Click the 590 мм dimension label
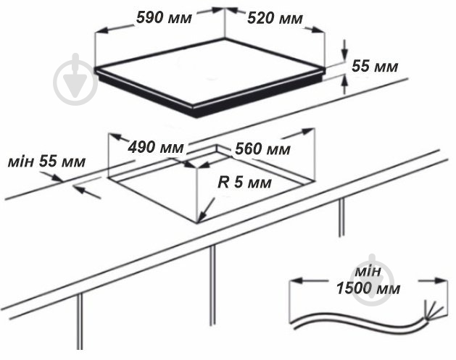click(x=165, y=17)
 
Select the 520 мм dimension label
click(x=275, y=18)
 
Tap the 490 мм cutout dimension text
click(x=156, y=147)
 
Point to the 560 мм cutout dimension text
click(x=262, y=149)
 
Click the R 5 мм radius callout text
click(x=244, y=183)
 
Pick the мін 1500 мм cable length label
click(x=368, y=280)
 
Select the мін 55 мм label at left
click(x=46, y=162)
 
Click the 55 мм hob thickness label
click(x=375, y=66)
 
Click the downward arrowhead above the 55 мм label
click(x=344, y=53)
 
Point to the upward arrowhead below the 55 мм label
click(x=344, y=80)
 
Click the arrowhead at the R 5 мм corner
click(x=202, y=217)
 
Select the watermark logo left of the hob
click(x=75, y=80)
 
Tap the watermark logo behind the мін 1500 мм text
click(x=373, y=280)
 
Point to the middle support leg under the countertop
click(x=213, y=285)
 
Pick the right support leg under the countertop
click(x=341, y=217)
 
